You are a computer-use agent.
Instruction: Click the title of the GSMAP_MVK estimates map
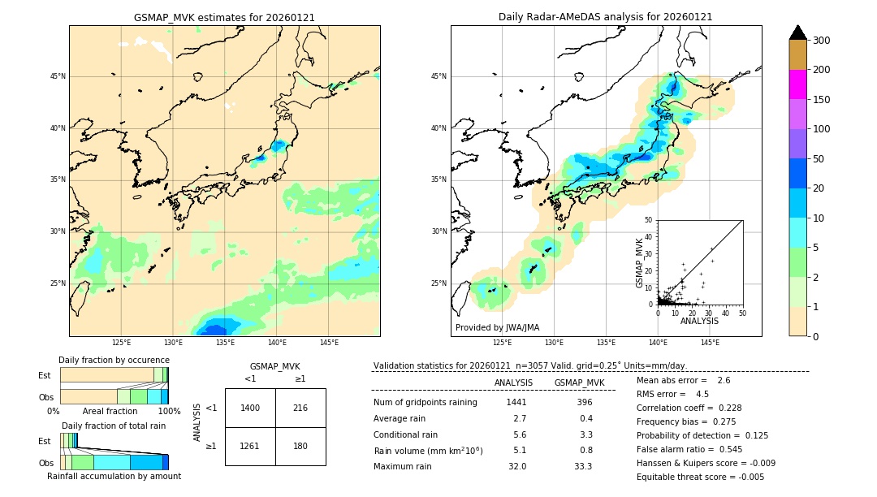point(224,17)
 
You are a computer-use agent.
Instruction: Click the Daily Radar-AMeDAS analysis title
point(606,17)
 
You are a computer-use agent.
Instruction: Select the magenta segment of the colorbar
point(797,84)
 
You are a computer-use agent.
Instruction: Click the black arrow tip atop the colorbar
point(797,32)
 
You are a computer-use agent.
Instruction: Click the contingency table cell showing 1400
point(250,408)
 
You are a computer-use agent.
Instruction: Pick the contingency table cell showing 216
point(300,408)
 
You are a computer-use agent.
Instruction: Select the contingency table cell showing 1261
point(250,446)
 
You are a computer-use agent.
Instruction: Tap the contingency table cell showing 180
point(300,446)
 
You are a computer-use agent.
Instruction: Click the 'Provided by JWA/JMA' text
point(497,327)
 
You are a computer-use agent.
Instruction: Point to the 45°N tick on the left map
point(58,76)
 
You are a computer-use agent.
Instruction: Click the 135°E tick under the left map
point(225,343)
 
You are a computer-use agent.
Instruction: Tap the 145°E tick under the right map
point(710,343)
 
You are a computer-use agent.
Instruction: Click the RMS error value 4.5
point(702,394)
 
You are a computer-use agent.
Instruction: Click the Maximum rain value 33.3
point(583,466)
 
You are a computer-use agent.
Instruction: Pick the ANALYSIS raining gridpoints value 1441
point(516,402)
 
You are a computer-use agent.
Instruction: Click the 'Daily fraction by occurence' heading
point(114,360)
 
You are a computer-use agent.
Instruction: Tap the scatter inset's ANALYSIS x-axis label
point(699,321)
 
